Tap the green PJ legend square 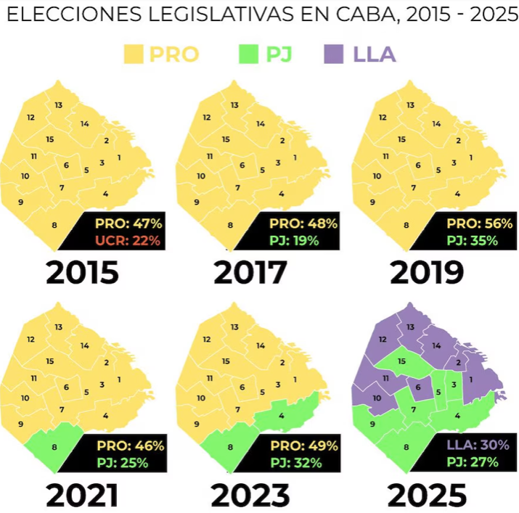248,54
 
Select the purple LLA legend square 333,54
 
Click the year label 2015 81,274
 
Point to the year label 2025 428,495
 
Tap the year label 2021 81,495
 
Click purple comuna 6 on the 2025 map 418,388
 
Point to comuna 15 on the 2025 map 401,361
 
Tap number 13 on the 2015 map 58,105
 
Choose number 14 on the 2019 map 436,124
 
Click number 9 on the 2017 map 197,202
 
